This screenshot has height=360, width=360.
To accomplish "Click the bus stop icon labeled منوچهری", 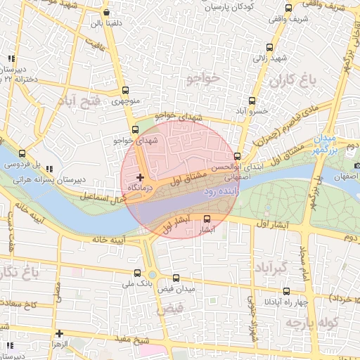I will pos(125,91).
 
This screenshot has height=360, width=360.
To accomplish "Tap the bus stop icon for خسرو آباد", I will pos(252,101).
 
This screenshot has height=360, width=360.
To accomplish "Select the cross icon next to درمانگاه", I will pos(141,176).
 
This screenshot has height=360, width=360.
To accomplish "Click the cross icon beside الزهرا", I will pos(60,334).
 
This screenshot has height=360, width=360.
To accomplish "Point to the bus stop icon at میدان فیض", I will pos(176,278).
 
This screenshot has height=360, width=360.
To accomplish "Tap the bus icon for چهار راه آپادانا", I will pos(286,291).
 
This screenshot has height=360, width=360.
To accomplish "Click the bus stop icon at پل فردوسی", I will pos(22,154).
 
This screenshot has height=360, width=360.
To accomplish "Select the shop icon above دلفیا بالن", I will pos(105,13).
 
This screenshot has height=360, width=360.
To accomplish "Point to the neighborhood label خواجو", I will pos(204,75).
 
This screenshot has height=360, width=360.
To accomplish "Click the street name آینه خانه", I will pos(108,240).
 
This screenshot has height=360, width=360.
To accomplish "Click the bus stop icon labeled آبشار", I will pos(207,219).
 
